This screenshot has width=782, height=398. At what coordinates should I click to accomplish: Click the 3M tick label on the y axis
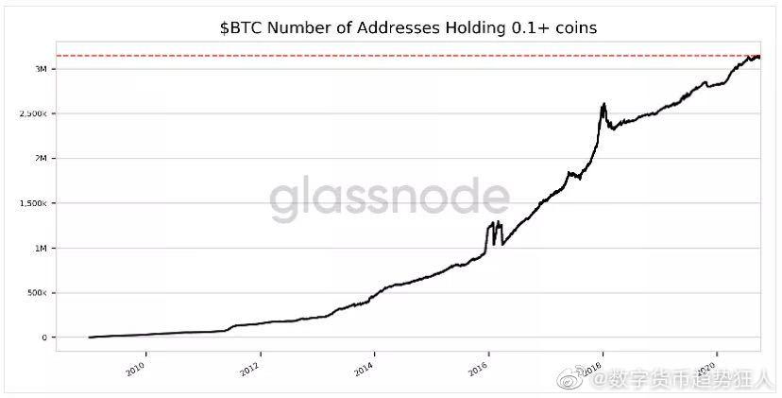coord(42,69)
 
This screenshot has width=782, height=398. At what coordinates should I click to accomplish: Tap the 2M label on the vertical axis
coord(42,159)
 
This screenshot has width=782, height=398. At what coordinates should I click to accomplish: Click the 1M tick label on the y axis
coord(42,249)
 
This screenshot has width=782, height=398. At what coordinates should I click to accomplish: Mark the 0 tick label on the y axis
coord(44,337)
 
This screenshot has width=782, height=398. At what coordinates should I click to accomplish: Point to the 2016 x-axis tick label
coord(480,367)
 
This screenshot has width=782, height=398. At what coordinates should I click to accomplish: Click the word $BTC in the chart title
coord(240,28)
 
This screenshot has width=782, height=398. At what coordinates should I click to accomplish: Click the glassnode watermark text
coord(389,199)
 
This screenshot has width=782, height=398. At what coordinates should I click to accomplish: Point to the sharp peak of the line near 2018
coord(603,104)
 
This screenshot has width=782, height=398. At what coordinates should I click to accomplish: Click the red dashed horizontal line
coord(378,56)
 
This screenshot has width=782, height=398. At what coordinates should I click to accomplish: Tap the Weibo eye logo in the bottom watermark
coord(572,380)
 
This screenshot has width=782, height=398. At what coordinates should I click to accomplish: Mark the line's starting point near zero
coord(89,337)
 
